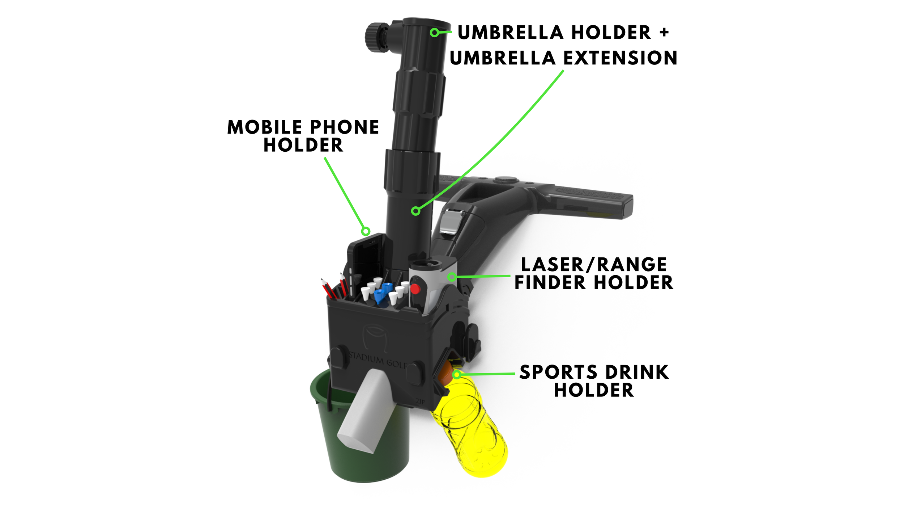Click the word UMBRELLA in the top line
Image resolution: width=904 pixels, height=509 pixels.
pyautogui.click(x=511, y=33)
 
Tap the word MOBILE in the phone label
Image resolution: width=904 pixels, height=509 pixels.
pyautogui.click(x=265, y=127)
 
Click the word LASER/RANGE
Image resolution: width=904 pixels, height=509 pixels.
pyautogui.click(x=594, y=265)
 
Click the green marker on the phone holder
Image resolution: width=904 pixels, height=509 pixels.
pyautogui.click(x=366, y=231)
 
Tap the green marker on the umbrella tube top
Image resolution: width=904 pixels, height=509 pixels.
pyautogui.click(x=435, y=33)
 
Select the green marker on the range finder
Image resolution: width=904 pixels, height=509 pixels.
pyautogui.click(x=452, y=277)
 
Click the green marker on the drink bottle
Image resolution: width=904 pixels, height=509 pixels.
pyautogui.click(x=457, y=375)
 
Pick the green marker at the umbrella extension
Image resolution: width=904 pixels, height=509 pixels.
pyautogui.click(x=416, y=211)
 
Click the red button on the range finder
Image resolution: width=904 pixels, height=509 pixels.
pyautogui.click(x=415, y=289)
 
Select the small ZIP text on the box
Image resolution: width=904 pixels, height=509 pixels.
pyautogui.click(x=421, y=401)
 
